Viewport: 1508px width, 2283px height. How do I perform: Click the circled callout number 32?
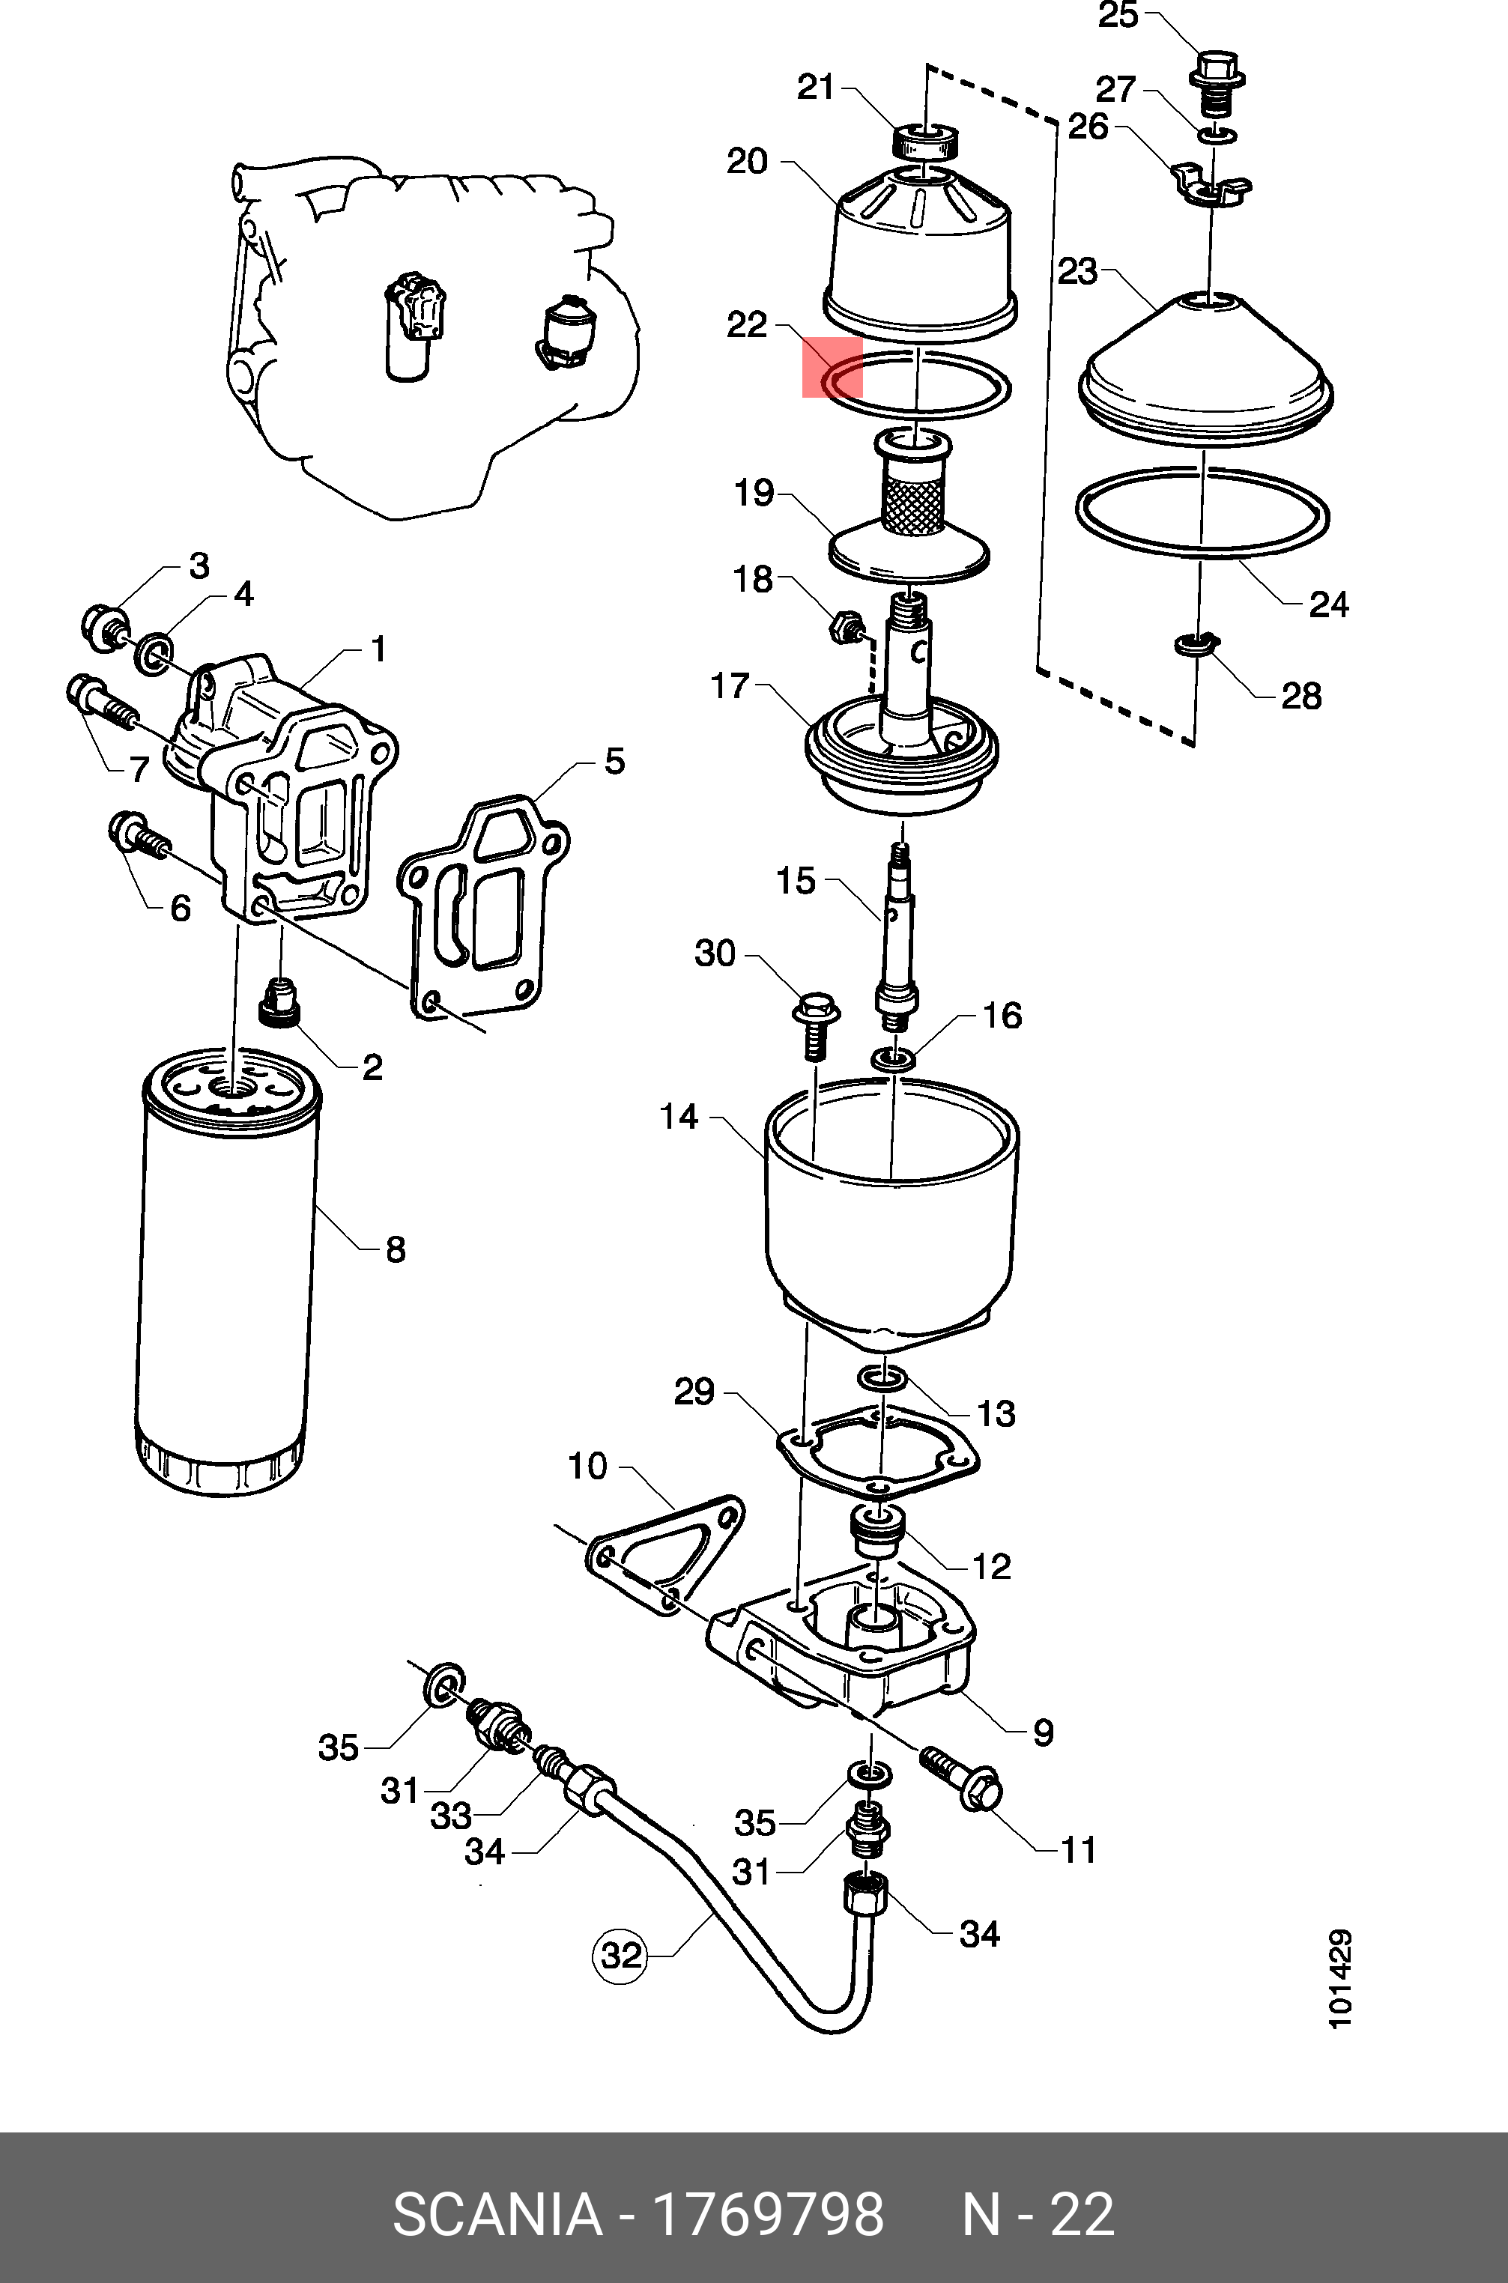tap(620, 1955)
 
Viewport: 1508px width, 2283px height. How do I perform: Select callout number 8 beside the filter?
tap(396, 1249)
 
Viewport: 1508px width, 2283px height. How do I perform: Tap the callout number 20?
tap(748, 162)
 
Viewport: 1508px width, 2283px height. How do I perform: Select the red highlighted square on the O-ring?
tap(833, 367)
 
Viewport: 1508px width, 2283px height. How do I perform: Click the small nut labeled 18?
tap(845, 629)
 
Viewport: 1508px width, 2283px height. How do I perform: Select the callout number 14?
tap(679, 1118)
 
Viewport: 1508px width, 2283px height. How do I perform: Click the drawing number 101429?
tap(1339, 1979)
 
